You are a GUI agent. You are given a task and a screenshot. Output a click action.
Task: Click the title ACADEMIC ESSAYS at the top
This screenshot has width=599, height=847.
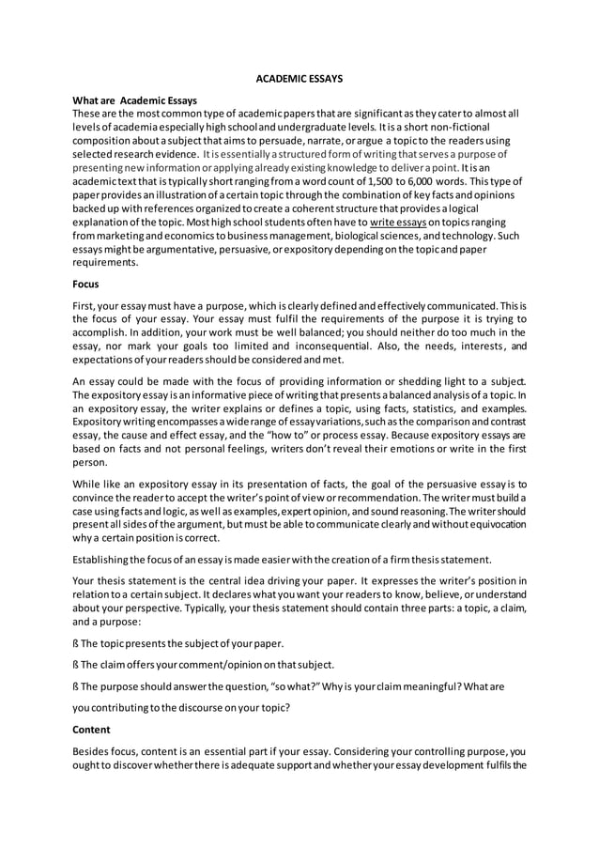[x=299, y=80]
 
